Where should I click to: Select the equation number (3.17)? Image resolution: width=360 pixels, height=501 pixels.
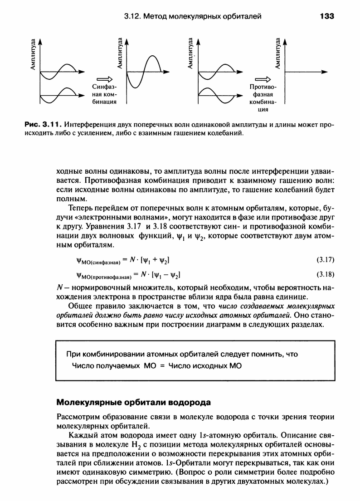[x=323, y=260]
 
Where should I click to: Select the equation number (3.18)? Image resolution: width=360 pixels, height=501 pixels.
[x=323, y=274]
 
